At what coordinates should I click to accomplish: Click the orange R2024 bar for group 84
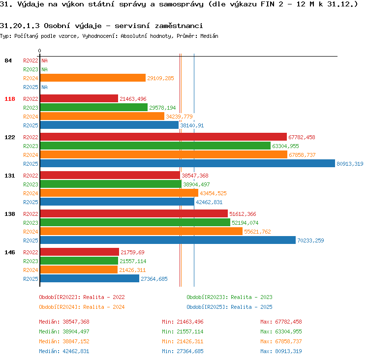[x=93, y=78]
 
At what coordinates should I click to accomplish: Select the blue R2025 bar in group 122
[x=187, y=163]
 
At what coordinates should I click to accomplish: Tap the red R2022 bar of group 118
[x=79, y=98]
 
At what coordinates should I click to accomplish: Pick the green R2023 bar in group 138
[x=135, y=222]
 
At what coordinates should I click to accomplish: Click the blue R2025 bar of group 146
[x=90, y=278]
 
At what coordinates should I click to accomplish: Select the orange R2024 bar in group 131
[x=120, y=193]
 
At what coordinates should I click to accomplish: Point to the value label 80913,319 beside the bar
[x=350, y=164]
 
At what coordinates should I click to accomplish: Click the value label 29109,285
[x=160, y=78]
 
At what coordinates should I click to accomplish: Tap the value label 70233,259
[x=310, y=240]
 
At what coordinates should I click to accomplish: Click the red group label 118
[x=10, y=99]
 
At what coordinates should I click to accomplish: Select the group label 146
[x=10, y=252]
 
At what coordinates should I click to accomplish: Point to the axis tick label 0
[x=39, y=51]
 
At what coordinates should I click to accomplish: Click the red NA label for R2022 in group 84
[x=44, y=60]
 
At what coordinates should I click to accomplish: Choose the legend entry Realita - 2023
[x=251, y=297]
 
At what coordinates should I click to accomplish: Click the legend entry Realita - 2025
[x=251, y=307]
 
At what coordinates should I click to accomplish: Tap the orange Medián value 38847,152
[x=76, y=341]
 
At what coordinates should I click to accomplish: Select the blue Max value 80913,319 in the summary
[x=288, y=351]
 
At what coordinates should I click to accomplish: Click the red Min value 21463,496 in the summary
[x=190, y=322]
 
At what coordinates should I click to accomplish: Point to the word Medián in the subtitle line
[x=209, y=36]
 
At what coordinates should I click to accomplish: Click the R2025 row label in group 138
[x=31, y=240]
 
